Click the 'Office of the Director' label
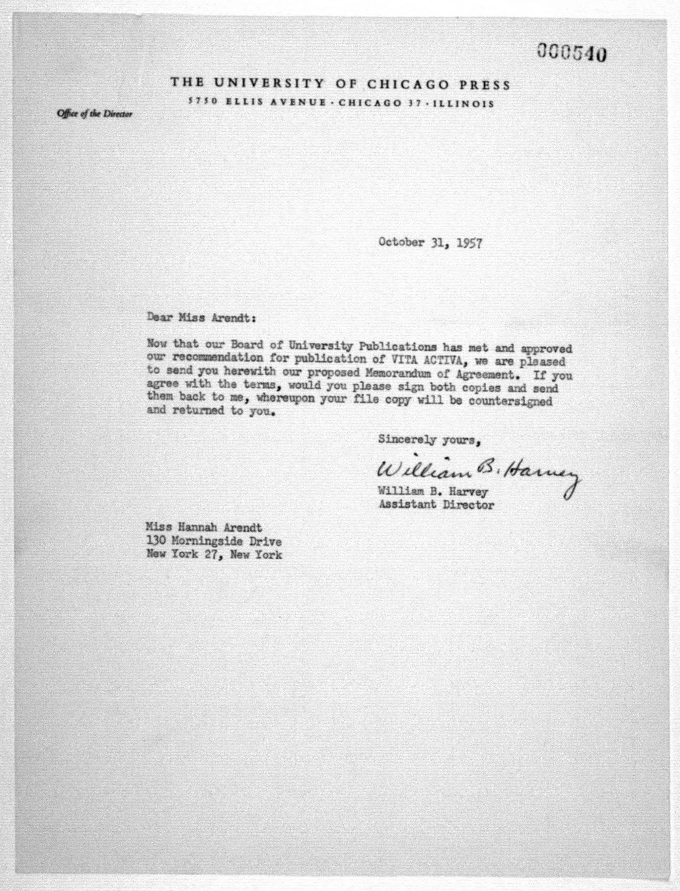(x=94, y=114)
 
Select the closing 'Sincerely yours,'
(x=429, y=440)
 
